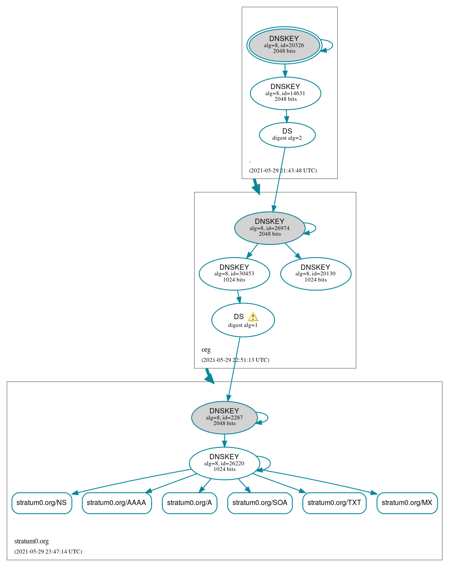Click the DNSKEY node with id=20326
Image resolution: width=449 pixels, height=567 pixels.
click(284, 45)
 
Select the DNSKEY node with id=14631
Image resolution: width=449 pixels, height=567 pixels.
click(285, 93)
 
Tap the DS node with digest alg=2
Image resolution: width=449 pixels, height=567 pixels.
click(287, 135)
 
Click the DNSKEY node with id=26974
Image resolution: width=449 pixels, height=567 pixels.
click(269, 228)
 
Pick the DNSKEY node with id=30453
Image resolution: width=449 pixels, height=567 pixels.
click(234, 274)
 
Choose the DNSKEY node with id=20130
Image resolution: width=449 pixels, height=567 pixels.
click(315, 274)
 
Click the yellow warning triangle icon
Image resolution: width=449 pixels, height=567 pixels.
click(253, 317)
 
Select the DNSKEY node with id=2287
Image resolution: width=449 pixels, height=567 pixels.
click(224, 417)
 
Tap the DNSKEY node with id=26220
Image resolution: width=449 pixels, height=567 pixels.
click(224, 463)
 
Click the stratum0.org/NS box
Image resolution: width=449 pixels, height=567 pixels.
click(41, 503)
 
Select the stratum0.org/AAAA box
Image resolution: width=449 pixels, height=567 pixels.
click(117, 503)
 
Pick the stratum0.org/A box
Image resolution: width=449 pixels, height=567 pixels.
click(189, 503)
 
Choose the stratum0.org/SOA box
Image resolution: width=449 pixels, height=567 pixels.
click(260, 503)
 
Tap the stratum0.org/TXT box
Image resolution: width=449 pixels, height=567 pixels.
click(334, 503)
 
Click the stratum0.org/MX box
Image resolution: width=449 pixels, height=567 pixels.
click(407, 503)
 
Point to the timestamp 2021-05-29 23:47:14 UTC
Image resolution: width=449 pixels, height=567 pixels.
click(48, 552)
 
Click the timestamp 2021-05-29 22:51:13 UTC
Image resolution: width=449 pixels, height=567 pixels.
click(235, 360)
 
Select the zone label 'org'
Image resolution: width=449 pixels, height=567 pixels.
click(206, 350)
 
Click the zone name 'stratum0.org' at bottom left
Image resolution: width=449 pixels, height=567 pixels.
click(31, 541)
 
